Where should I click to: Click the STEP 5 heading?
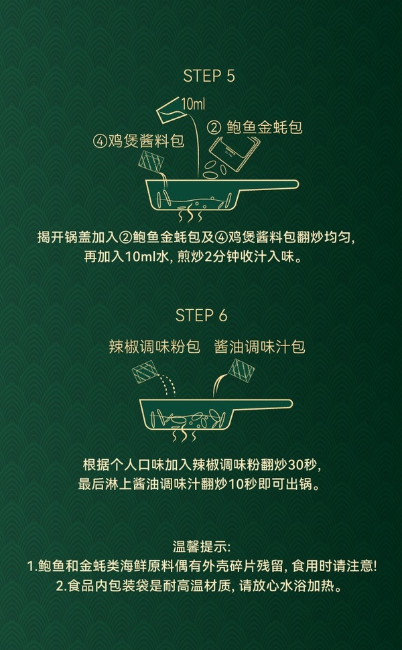(209, 76)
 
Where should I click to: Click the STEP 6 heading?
(202, 315)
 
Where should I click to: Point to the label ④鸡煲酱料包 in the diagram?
(138, 142)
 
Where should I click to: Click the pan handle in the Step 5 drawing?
(267, 184)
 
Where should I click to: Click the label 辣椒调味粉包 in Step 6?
(154, 347)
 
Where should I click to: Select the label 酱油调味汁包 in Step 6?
(260, 347)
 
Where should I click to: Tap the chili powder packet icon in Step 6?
(145, 372)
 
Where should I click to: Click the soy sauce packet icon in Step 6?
(241, 370)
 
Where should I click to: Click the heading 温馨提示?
(201, 547)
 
